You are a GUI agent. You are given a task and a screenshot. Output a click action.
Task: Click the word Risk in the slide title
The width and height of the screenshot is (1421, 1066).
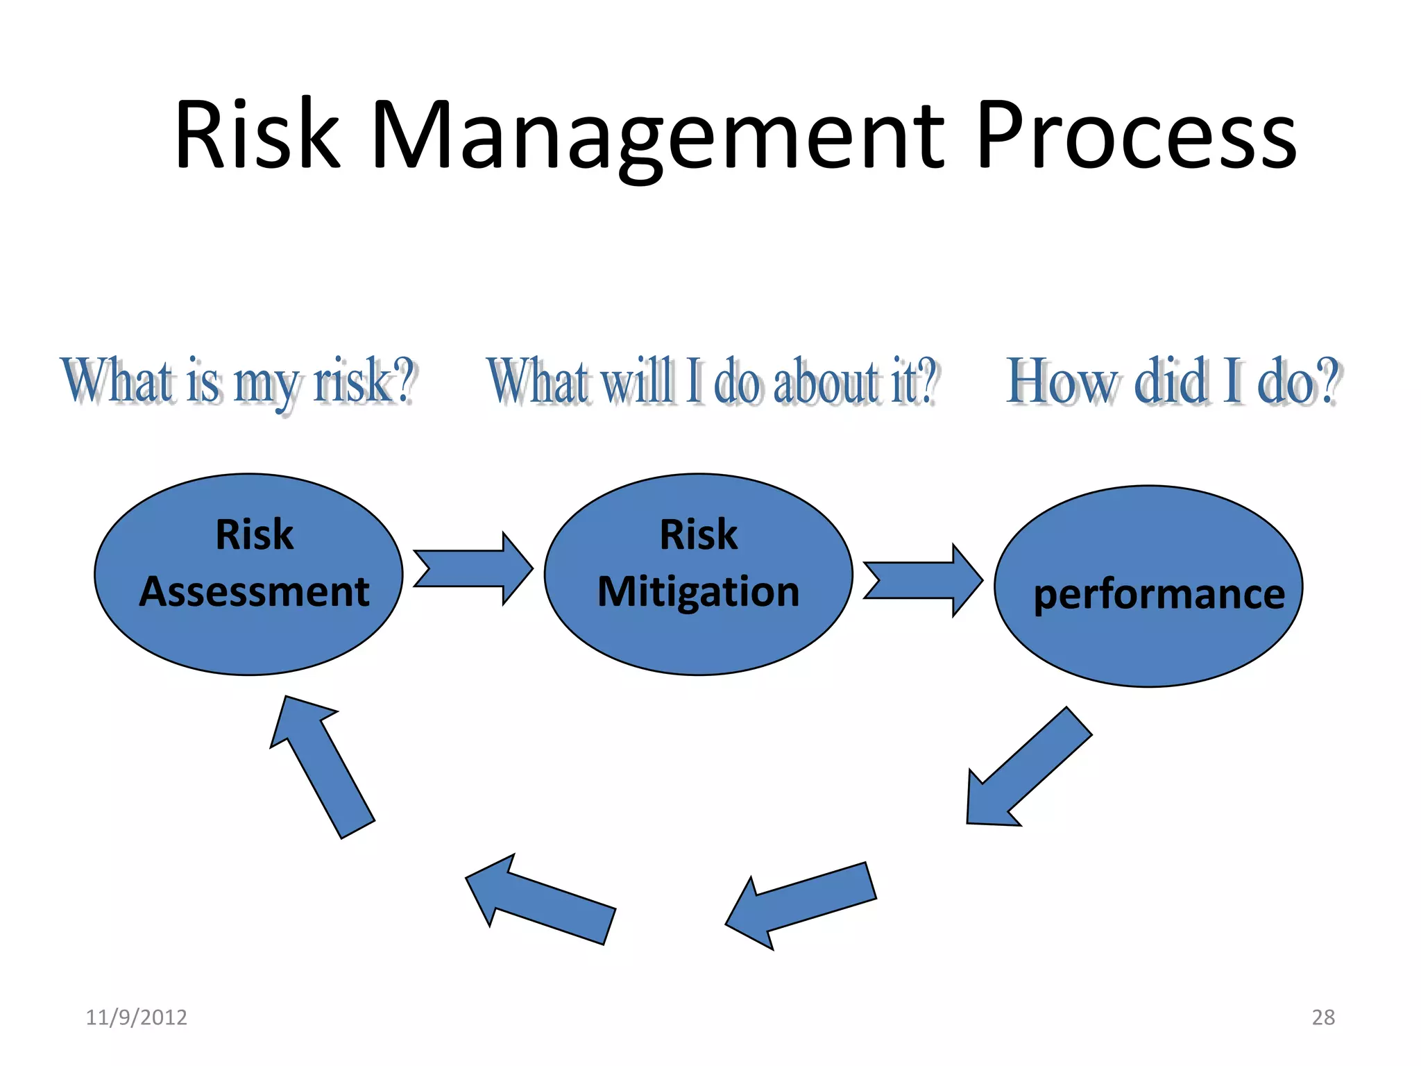(x=257, y=135)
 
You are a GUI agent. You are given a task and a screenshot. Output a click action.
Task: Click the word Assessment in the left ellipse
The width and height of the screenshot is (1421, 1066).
(x=254, y=592)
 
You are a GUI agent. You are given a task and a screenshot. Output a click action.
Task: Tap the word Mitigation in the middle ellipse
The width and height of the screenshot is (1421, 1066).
(x=699, y=592)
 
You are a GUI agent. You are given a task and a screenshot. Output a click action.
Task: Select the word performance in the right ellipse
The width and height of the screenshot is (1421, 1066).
(x=1159, y=595)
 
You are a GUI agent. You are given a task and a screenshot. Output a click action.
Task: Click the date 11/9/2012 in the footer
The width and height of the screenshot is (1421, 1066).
(x=136, y=1017)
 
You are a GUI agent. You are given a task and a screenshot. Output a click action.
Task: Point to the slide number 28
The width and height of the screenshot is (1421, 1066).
(x=1323, y=1017)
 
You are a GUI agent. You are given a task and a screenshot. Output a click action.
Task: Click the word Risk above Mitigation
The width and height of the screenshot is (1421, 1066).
(x=698, y=535)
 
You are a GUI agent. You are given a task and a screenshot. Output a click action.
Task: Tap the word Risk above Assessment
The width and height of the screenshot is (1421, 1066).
(x=254, y=535)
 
